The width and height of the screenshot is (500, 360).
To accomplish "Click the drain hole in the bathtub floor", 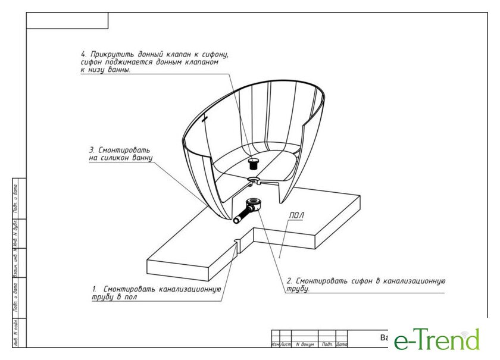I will [x=253, y=179].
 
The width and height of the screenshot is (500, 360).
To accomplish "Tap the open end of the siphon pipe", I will [x=236, y=219].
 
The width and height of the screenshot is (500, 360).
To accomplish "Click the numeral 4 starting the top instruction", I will [x=83, y=54].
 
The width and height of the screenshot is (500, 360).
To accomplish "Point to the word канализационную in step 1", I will [x=192, y=289].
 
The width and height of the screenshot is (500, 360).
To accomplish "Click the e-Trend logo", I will [x=436, y=340].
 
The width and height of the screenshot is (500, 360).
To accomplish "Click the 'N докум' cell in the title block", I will [x=305, y=345].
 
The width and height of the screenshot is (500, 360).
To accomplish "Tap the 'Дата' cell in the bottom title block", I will [x=342, y=345].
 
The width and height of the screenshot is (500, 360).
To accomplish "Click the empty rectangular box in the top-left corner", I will [x=67, y=21].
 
